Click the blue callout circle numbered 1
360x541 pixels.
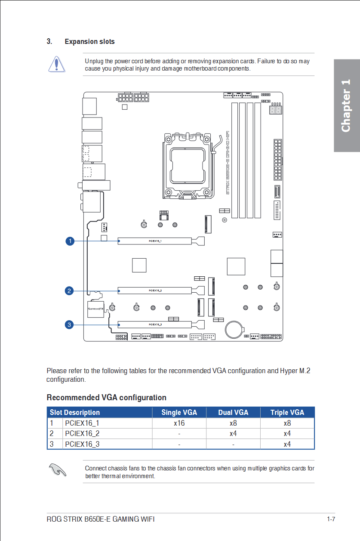coord(69,241)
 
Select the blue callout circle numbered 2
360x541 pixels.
coord(69,291)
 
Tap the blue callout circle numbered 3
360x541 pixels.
coord(69,325)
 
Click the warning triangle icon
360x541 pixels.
coord(56,64)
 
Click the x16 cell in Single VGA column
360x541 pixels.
coord(179,423)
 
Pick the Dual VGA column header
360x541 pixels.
coord(233,412)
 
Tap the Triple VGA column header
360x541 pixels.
coord(287,412)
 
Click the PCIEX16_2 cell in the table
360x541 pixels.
coord(82,433)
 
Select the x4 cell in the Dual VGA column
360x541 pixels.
coord(233,433)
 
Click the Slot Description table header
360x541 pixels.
coord(75,412)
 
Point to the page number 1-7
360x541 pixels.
coord(331,519)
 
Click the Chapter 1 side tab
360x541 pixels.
coord(346,106)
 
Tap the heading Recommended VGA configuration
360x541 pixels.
coord(106,397)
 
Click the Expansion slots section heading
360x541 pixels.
coord(89,42)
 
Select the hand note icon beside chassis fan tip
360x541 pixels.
coord(57,470)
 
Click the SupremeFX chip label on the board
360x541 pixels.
coord(95,309)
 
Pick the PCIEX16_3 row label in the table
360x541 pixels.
coord(82,444)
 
